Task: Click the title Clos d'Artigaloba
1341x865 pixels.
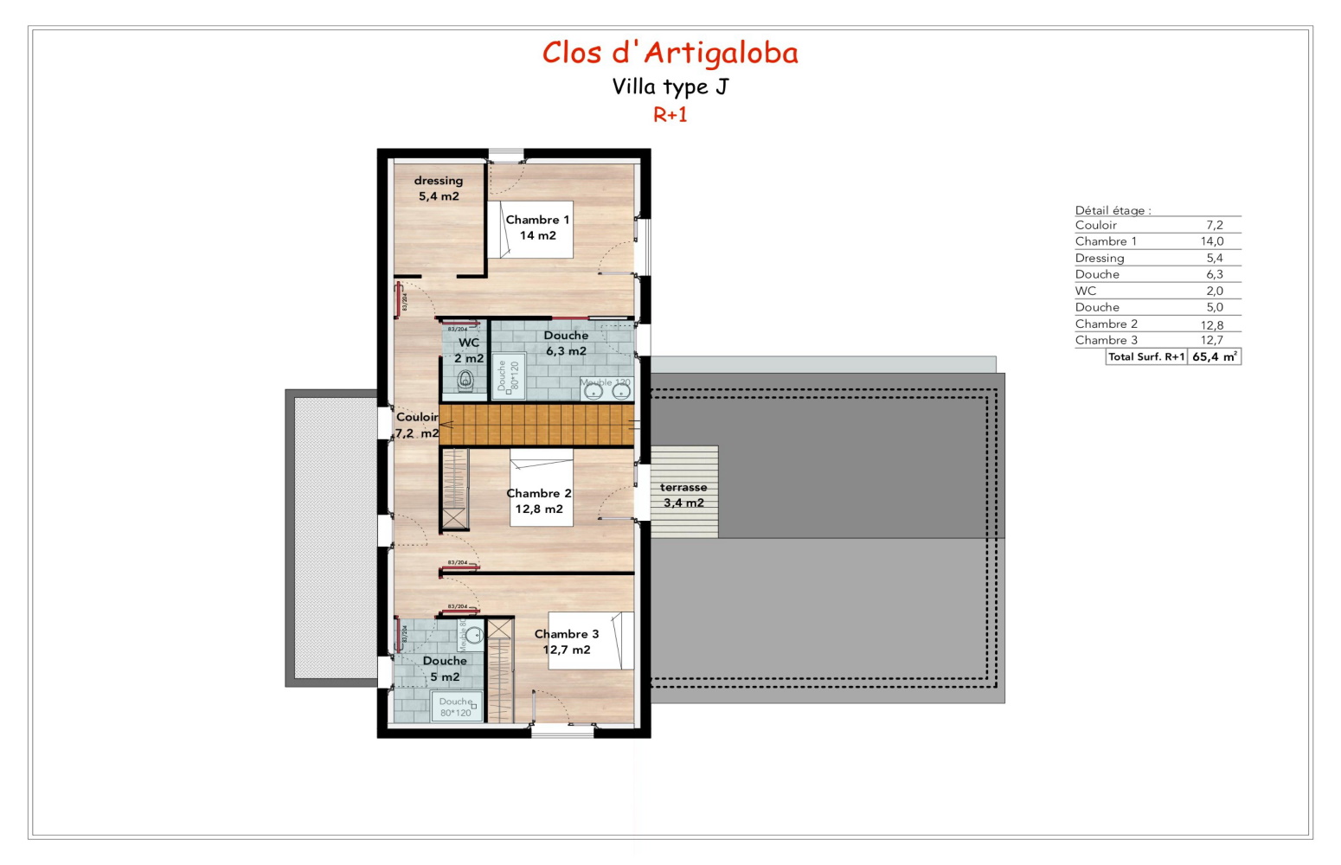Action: point(670,53)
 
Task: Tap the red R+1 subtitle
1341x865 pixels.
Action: point(670,114)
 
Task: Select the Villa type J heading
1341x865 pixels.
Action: point(670,86)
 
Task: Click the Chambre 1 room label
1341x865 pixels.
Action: point(537,227)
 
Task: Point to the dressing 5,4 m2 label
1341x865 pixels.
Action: point(439,189)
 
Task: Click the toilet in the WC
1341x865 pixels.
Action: point(465,380)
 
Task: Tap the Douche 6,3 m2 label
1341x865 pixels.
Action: point(566,343)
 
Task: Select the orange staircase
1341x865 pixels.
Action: point(536,425)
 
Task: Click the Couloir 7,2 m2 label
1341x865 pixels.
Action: point(417,425)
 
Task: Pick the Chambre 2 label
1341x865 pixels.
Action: point(539,501)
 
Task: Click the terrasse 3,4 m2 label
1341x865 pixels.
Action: point(683,495)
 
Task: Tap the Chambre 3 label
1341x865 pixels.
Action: point(567,642)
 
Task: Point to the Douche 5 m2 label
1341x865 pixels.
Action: point(445,669)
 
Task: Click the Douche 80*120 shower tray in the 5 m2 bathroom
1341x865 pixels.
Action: point(456,707)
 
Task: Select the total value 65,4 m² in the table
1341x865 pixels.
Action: point(1214,356)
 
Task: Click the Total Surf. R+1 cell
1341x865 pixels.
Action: point(1146,356)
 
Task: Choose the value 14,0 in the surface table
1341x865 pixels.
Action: point(1211,241)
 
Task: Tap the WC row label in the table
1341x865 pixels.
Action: point(1086,291)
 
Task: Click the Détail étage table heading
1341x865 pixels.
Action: point(1113,210)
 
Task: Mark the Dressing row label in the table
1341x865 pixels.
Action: point(1100,258)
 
